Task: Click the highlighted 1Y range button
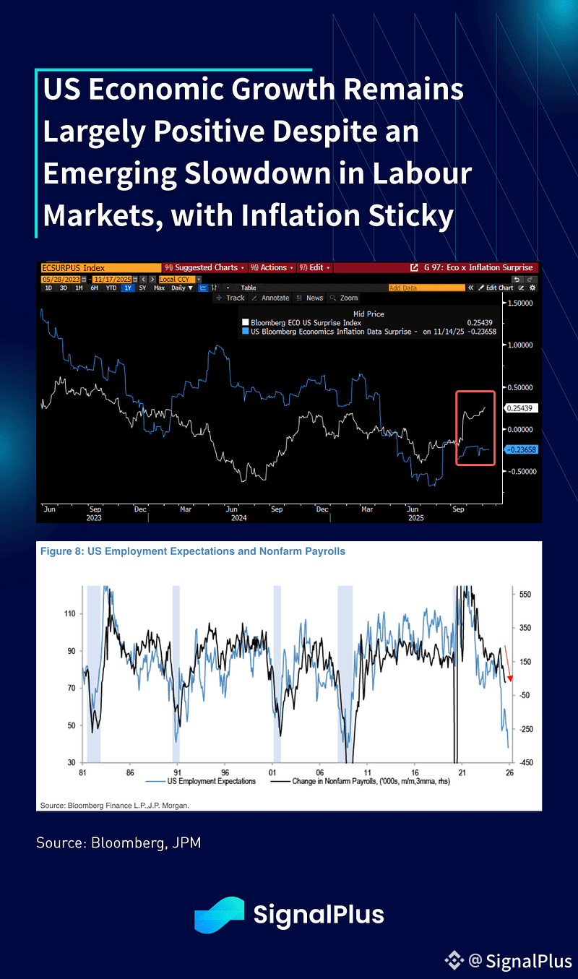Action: (127, 288)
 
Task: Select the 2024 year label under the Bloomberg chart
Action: (238, 517)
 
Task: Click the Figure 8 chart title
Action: (193, 551)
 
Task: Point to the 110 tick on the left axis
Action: (70, 613)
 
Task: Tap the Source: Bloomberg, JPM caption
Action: (118, 842)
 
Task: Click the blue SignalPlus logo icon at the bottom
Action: (219, 915)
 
